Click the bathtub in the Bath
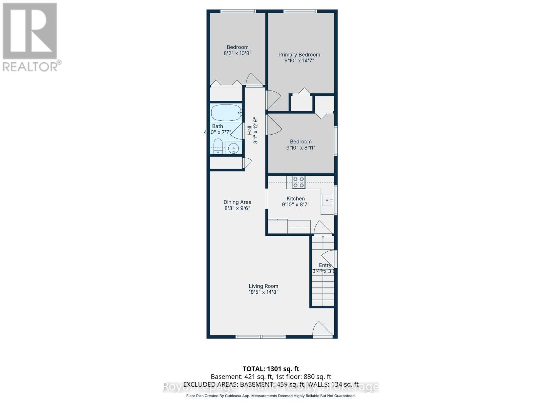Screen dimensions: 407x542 (x=226, y=113)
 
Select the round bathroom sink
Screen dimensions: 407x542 (x=233, y=148)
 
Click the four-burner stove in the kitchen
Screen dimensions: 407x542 (x=298, y=182)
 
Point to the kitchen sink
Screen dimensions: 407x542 (x=327, y=200)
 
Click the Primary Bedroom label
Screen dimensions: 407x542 (x=299, y=55)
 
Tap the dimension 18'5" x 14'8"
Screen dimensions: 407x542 (x=263, y=292)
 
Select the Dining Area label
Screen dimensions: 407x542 (x=237, y=202)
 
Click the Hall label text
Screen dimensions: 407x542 (x=250, y=130)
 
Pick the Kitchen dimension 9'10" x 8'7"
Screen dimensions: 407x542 (x=295, y=205)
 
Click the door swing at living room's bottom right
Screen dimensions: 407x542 (x=322, y=329)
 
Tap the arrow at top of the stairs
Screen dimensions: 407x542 (x=323, y=238)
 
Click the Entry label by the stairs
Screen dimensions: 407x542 (x=325, y=265)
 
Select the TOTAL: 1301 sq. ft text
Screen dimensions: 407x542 (x=271, y=369)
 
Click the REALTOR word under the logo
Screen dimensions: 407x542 (x=30, y=67)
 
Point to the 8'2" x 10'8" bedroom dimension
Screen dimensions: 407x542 (x=237, y=53)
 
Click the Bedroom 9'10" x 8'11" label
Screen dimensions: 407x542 (x=300, y=142)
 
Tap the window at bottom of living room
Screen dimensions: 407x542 (x=260, y=337)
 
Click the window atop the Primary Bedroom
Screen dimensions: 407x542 (x=300, y=12)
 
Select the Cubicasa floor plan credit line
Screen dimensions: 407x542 (x=271, y=396)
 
